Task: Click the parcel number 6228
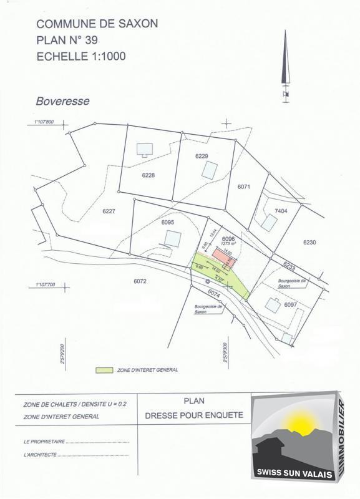click(148, 175)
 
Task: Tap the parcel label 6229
click(201, 156)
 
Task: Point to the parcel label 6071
click(243, 187)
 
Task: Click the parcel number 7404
click(281, 211)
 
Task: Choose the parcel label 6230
click(310, 242)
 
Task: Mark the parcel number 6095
click(167, 222)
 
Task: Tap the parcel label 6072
click(139, 281)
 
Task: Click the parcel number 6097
click(290, 305)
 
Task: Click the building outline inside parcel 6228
click(145, 149)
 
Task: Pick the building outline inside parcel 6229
click(210, 170)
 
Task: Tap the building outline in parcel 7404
click(269, 222)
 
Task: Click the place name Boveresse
click(62, 101)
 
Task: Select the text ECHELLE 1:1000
click(81, 56)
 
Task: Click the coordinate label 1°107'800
click(41, 122)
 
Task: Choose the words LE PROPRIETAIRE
click(44, 441)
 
